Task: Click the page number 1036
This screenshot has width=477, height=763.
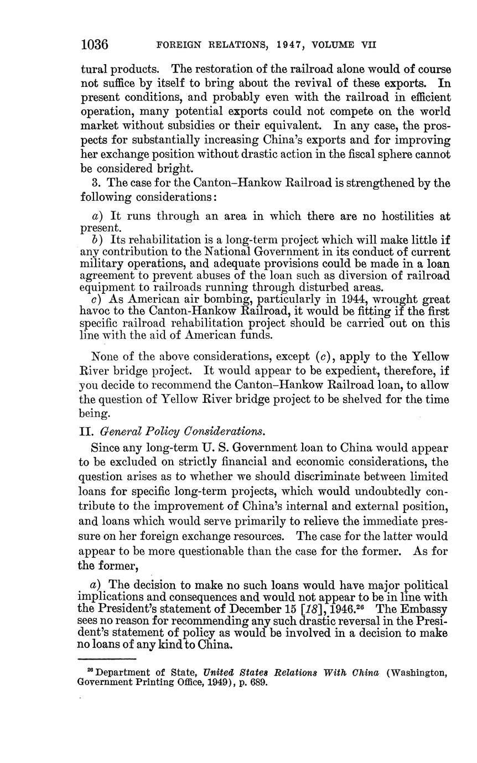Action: [x=94, y=44]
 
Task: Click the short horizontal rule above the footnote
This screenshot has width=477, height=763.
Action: [x=108, y=659]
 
